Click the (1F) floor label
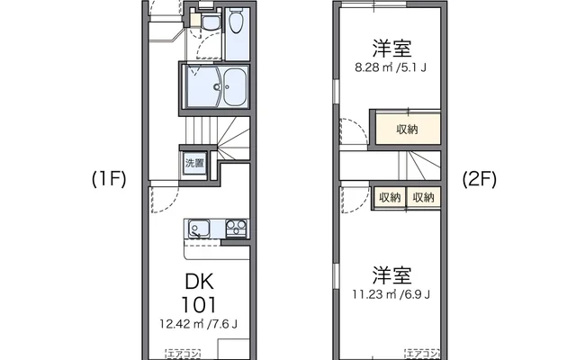[108, 179]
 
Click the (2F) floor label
[479, 179]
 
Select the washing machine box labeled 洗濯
[195, 163]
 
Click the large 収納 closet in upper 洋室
[407, 130]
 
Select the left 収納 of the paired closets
[390, 197]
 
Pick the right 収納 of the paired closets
[423, 197]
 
